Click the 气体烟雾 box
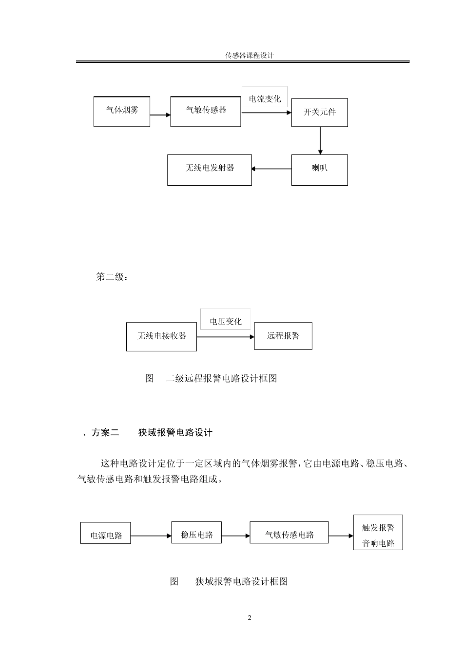point(122,112)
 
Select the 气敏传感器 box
point(206,112)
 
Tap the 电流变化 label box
point(265,99)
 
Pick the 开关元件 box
point(319,113)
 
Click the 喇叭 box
point(319,170)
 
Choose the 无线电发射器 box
point(210,170)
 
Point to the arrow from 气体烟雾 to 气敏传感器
point(160,115)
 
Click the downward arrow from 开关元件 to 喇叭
point(320,141)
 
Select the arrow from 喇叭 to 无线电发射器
point(271,169)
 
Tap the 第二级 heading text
point(113,277)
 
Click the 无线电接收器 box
point(161,336)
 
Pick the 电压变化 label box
point(225,321)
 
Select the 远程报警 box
point(283,336)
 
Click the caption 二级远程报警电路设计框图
point(221,379)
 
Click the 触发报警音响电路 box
point(378,533)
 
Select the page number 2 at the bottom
point(250,618)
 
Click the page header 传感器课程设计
point(249,56)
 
